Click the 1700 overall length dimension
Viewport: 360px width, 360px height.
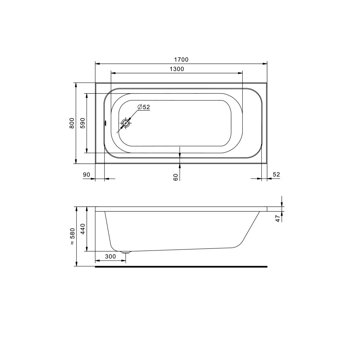tap(181, 60)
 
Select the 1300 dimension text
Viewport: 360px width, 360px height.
tap(177, 69)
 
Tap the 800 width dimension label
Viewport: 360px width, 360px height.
tap(72, 123)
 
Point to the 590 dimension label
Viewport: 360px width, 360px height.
tap(83, 123)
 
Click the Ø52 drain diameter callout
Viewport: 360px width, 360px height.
tap(144, 107)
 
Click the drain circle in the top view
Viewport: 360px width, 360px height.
tap(126, 123)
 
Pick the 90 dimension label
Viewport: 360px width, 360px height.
tap(86, 175)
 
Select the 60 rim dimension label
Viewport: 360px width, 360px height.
tap(176, 177)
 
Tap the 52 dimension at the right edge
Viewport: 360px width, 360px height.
tap(276, 175)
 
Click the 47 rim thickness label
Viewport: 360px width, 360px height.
tap(278, 219)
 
